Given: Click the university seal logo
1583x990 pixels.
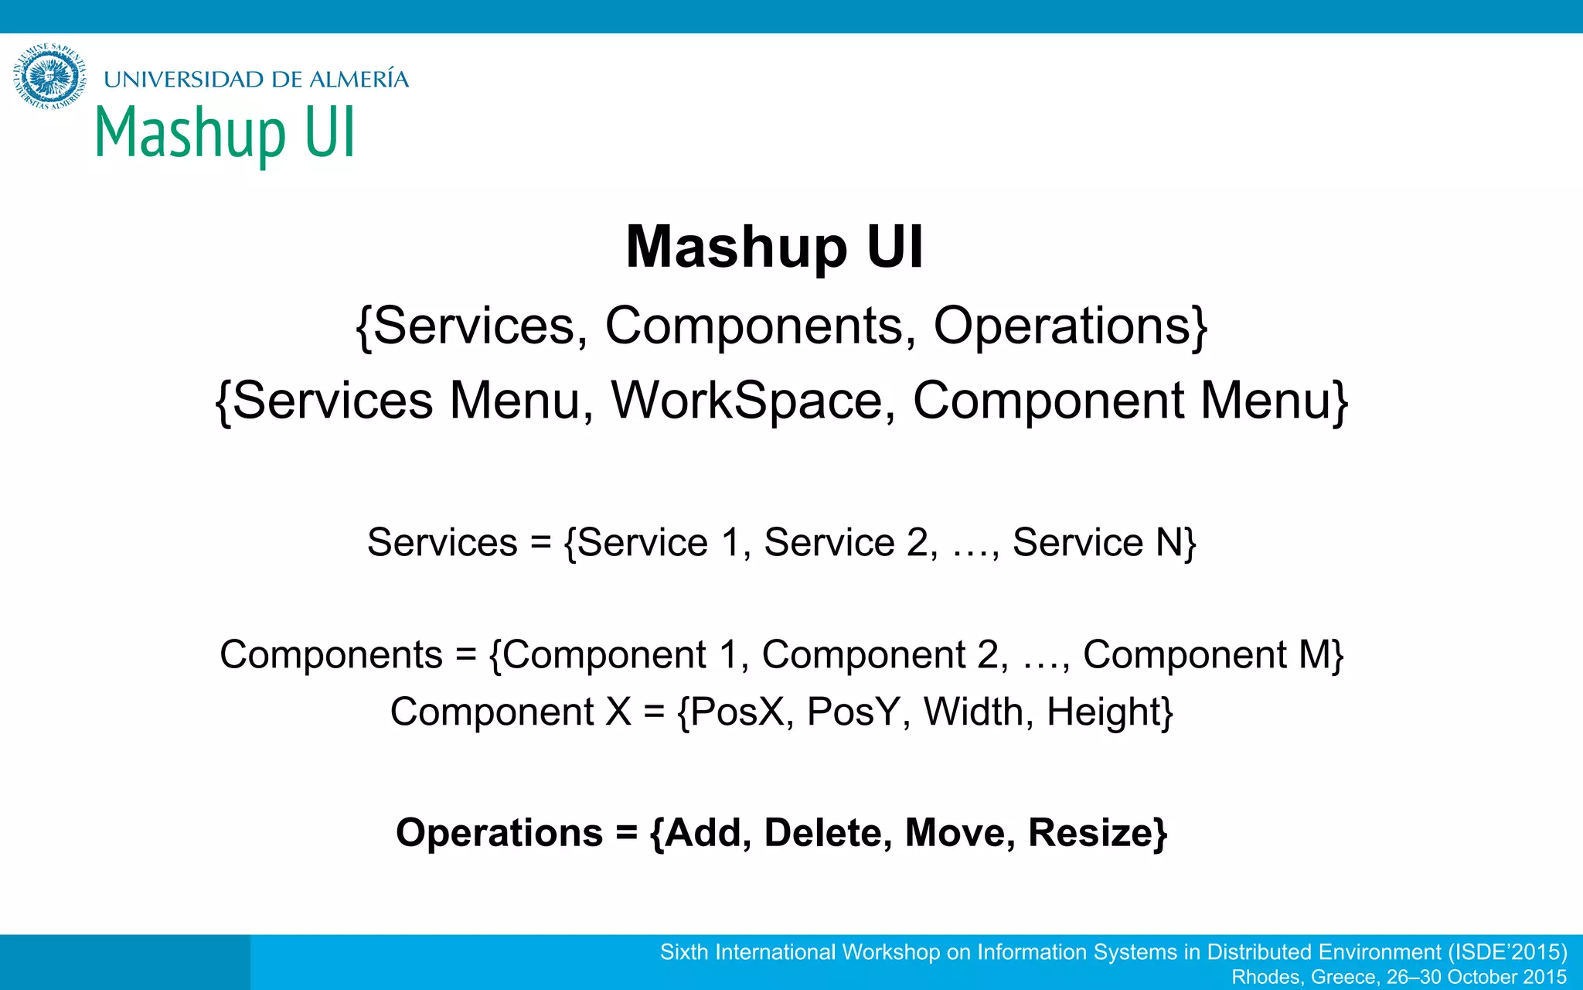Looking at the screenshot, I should click(49, 77).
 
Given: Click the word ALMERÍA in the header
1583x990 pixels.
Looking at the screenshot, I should click(359, 79).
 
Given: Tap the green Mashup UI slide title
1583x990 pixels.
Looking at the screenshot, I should click(225, 133).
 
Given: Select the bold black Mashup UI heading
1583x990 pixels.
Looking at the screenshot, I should click(774, 247).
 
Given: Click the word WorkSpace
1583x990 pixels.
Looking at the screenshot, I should click(747, 401).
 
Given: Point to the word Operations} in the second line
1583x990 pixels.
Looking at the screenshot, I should click(1071, 326).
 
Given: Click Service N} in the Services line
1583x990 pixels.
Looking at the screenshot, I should click(1105, 542).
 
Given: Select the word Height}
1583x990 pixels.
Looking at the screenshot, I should click(1110, 712).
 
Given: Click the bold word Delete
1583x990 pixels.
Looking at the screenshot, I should click(822, 833).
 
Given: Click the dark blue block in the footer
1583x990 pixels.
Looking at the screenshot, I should click(124, 962).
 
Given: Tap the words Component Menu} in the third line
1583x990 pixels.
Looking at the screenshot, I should click(1131, 401).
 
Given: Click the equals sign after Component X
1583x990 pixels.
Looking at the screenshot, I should click(654, 712).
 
